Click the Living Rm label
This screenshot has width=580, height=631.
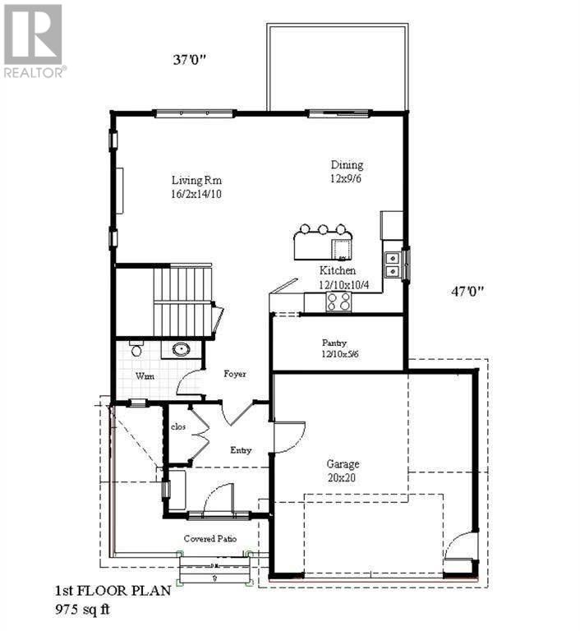(197, 181)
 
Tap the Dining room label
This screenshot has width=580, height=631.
(346, 165)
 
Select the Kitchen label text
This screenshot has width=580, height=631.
(338, 270)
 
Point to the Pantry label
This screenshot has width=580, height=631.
(334, 343)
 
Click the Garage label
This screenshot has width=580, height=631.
(342, 463)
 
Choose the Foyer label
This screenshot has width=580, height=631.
(235, 374)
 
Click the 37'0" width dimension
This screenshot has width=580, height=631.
(189, 59)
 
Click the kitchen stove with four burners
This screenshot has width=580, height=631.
(338, 302)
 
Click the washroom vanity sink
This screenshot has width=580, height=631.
(181, 350)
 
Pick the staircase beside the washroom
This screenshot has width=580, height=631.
(182, 300)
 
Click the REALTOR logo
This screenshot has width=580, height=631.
(34, 40)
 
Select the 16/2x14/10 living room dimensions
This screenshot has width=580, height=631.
(197, 195)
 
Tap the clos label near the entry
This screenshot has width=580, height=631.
(178, 427)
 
